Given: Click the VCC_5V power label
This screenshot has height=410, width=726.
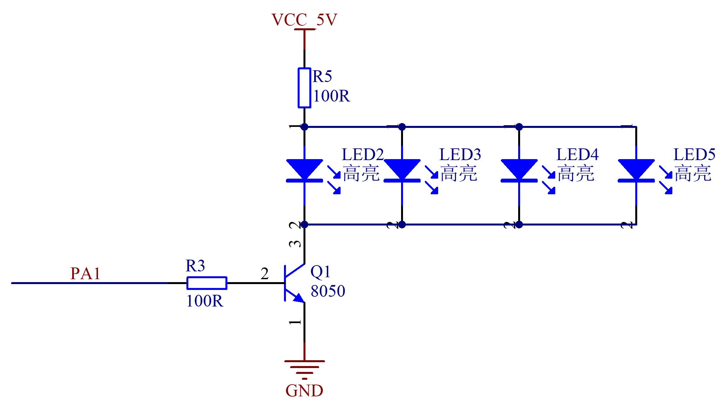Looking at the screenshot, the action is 304,20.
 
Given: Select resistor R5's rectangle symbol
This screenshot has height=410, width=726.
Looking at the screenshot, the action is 304,88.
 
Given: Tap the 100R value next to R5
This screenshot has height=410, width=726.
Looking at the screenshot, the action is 331,96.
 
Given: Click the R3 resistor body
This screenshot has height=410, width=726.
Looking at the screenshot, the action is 207,283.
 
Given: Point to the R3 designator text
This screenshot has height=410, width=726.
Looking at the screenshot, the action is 195,266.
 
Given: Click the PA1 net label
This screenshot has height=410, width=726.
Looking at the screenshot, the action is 85,273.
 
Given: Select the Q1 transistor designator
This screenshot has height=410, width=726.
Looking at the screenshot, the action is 320,272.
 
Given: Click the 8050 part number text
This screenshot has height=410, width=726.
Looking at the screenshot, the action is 328,291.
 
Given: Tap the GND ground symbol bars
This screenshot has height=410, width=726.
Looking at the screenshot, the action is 304,370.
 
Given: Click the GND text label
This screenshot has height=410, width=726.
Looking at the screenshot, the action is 304,391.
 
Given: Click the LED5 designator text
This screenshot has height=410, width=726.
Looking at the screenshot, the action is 694,155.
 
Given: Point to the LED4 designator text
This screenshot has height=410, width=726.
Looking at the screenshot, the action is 577,155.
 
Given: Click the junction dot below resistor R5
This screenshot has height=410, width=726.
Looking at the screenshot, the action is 304,127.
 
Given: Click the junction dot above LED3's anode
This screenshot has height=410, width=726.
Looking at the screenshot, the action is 402,127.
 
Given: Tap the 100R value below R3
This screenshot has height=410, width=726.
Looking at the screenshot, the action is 205,301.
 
